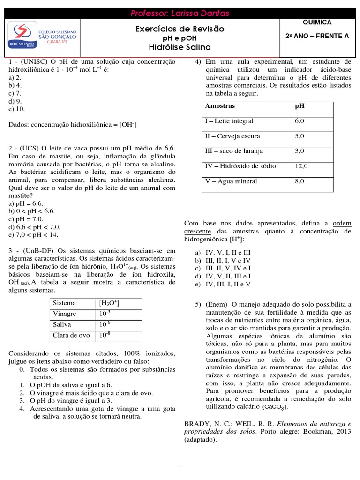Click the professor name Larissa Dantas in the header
click(180, 13)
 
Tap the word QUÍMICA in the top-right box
click(317, 22)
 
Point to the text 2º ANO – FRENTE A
click(317, 36)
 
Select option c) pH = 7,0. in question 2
click(26, 219)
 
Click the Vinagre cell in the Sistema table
click(65, 314)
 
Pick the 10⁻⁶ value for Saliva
click(104, 324)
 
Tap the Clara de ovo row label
click(71, 335)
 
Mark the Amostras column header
click(220, 106)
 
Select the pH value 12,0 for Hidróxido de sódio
click(301, 166)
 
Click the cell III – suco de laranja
click(234, 151)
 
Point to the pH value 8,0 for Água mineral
click(300, 181)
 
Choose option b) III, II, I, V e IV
click(223, 260)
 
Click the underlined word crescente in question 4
click(197, 232)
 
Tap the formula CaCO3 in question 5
click(275, 407)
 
